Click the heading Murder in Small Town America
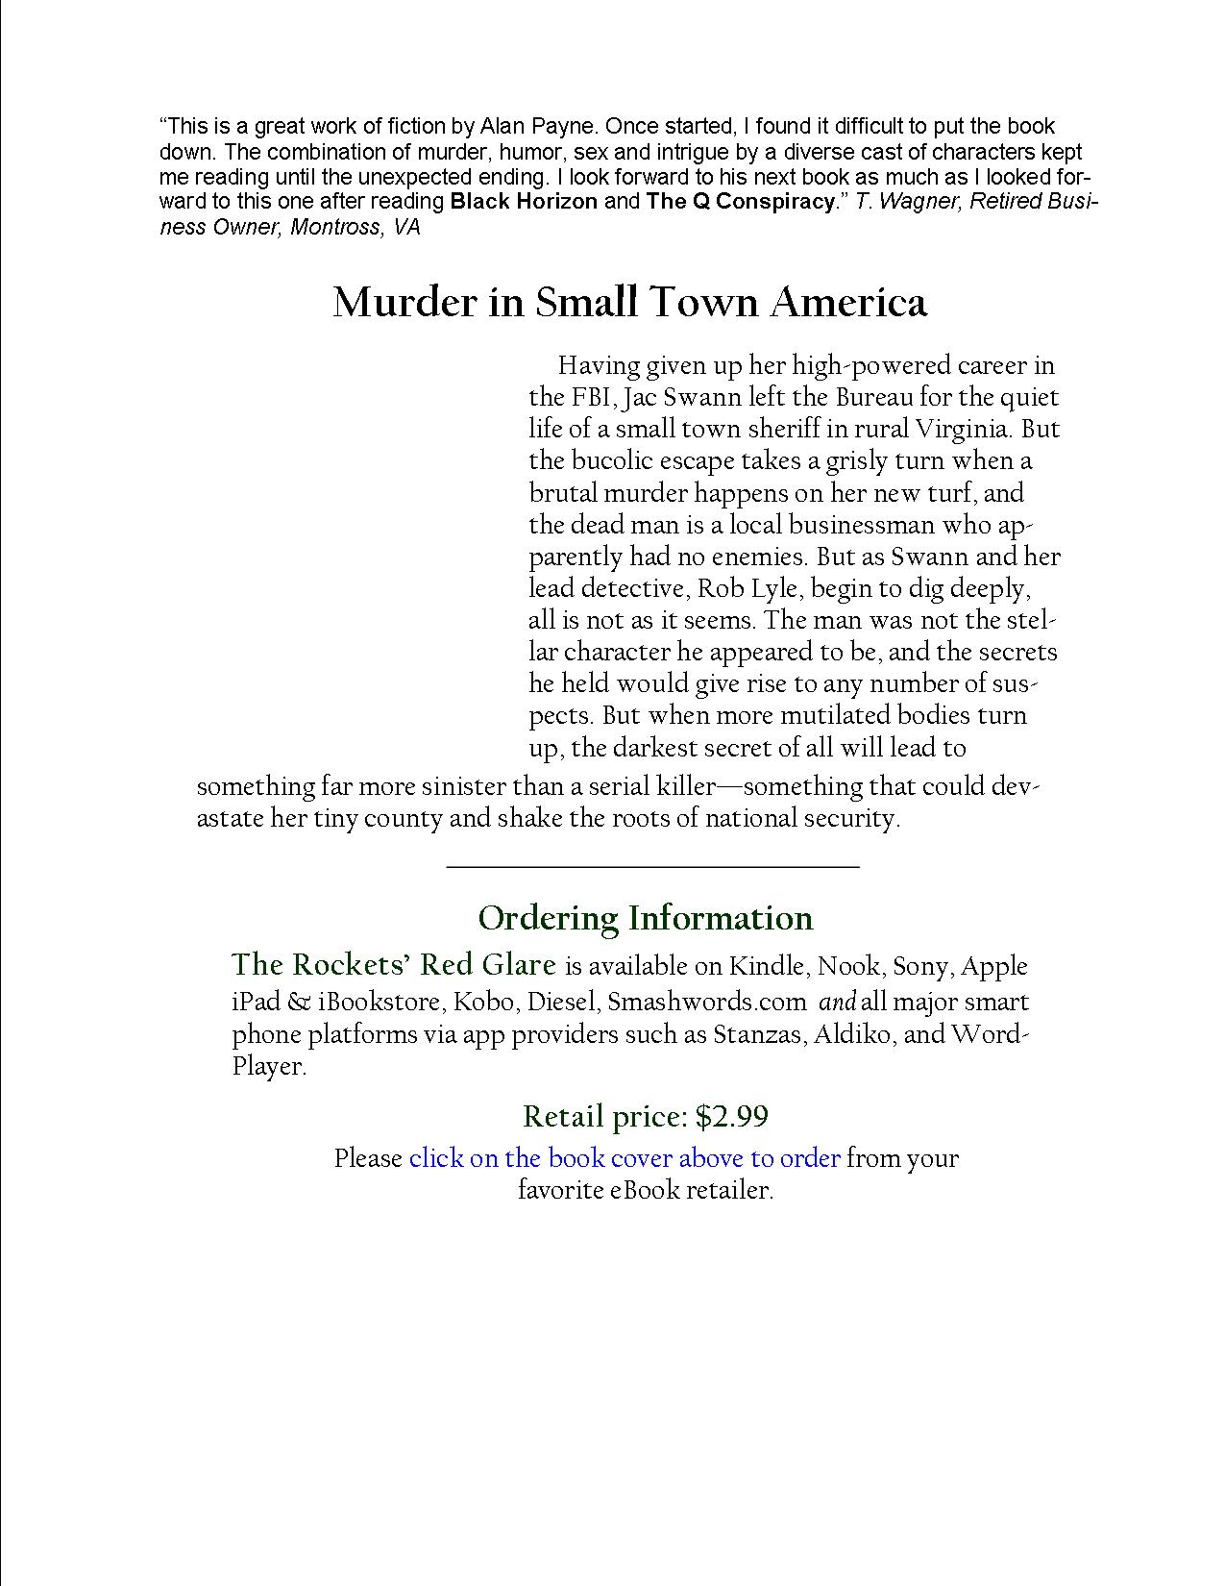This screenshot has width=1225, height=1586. click(629, 303)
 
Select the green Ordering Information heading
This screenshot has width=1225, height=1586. click(645, 918)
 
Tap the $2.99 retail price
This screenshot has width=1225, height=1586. click(732, 1117)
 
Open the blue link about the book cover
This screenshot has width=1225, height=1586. click(625, 1158)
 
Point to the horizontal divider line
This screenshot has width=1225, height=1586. click(652, 868)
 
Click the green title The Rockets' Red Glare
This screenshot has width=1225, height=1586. click(394, 965)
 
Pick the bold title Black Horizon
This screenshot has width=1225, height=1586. click(524, 202)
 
